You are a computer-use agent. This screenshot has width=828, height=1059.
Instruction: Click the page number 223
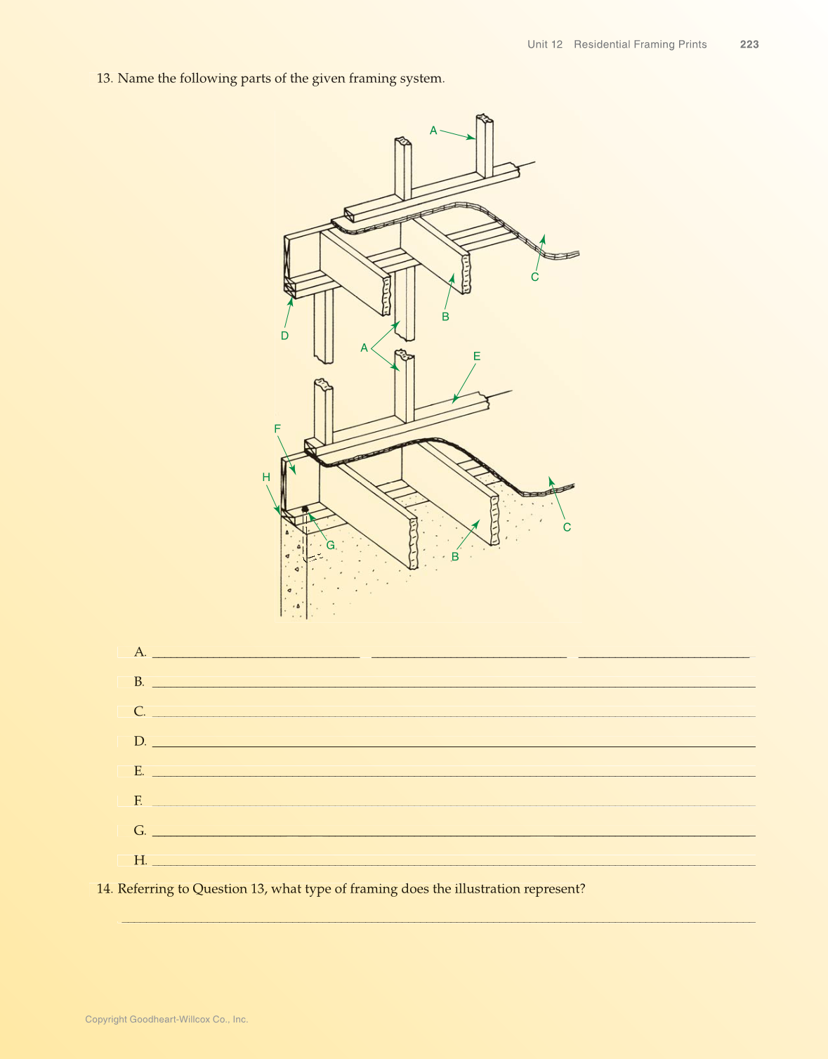pos(749,44)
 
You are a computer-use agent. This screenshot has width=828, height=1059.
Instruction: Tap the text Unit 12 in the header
pos(545,44)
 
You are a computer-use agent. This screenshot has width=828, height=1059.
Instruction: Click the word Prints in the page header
pos(692,44)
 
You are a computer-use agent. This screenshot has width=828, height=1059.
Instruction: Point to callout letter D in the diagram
pos(284,336)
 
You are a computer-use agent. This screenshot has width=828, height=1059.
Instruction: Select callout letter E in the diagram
pos(477,356)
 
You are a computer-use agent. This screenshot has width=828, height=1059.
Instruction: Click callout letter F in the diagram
pos(277,428)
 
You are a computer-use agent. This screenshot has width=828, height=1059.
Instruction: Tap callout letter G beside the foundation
pos(330,545)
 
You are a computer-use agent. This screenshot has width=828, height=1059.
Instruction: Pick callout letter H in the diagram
pos(266,477)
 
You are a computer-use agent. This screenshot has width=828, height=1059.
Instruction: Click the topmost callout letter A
pos(433,130)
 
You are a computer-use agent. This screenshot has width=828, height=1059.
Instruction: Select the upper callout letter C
pos(534,277)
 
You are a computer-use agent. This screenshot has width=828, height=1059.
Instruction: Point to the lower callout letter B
pos(455,556)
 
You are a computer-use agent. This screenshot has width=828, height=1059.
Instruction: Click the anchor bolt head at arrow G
pos(305,509)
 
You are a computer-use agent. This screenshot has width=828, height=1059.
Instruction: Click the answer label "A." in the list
pos(140,652)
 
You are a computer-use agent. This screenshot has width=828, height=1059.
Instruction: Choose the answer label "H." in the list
pos(140,860)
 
